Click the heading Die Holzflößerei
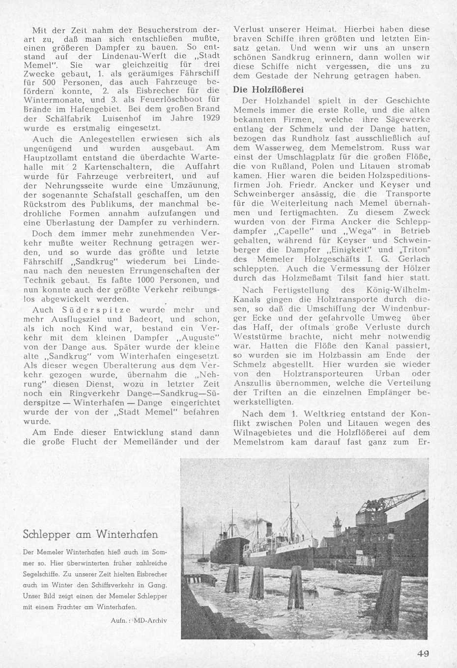pyautogui.click(x=269, y=90)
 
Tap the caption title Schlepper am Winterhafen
pyautogui.click(x=90, y=534)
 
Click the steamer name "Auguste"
pyautogui.click(x=197, y=338)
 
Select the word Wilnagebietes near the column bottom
pyautogui.click(x=263, y=433)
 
